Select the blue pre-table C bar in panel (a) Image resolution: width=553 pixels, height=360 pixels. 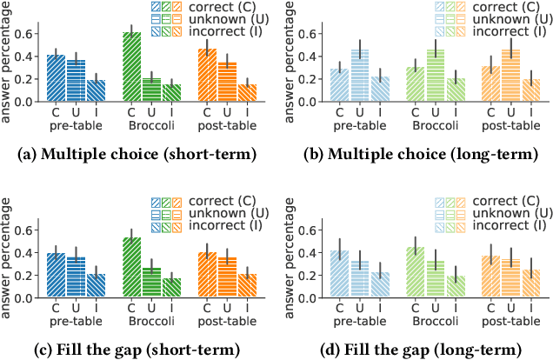click(56, 79)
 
